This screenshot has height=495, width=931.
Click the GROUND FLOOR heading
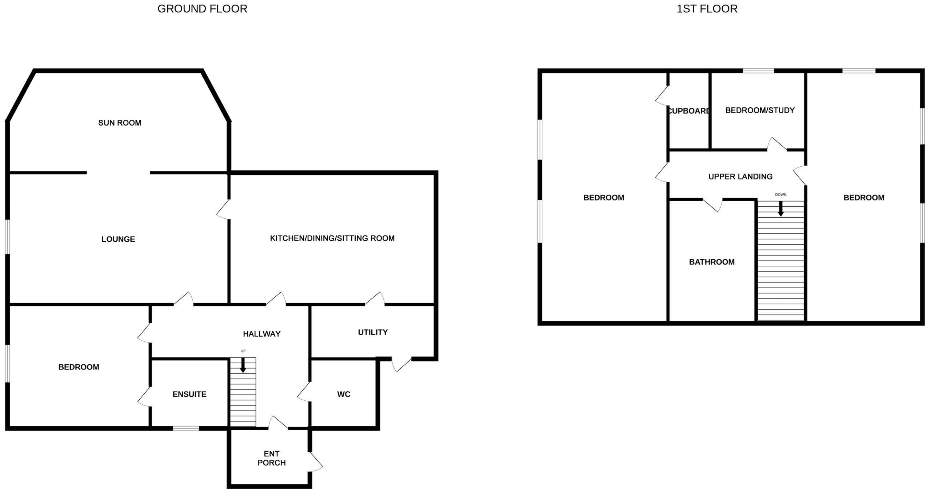point(202,9)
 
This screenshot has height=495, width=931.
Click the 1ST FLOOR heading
point(707,9)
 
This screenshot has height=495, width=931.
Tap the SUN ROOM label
point(120,123)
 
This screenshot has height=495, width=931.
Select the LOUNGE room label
point(118,239)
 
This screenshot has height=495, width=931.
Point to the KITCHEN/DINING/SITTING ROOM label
point(332,238)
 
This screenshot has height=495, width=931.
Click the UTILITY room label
point(373,332)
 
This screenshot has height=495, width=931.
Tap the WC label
point(344,394)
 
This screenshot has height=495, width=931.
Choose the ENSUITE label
point(189,394)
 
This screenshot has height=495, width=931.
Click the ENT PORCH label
point(272,458)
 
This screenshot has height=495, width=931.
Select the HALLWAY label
point(261,334)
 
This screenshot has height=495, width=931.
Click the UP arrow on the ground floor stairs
point(243,365)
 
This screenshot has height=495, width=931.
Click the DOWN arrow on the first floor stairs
point(780,209)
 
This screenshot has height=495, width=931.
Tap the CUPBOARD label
point(688,111)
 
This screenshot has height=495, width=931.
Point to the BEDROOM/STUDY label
point(760,110)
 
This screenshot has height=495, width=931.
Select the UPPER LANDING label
point(740,177)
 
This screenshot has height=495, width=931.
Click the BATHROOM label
point(712,262)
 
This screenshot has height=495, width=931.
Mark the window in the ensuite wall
point(186,428)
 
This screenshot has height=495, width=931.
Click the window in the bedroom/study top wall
point(758,71)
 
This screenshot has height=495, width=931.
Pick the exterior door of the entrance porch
point(315,462)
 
